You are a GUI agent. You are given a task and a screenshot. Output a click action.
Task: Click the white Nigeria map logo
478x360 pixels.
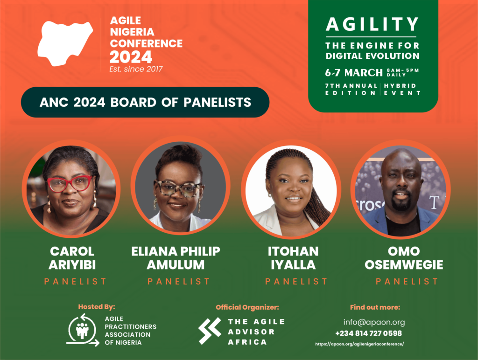tap(65, 44)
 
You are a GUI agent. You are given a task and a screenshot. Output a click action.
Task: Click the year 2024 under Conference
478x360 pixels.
tap(131, 57)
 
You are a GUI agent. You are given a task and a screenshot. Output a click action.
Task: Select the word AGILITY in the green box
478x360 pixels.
tap(372, 24)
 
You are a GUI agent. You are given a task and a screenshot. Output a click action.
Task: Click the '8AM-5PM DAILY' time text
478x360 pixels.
tap(403, 72)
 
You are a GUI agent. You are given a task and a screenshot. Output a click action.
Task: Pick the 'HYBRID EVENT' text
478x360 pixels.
tap(402, 89)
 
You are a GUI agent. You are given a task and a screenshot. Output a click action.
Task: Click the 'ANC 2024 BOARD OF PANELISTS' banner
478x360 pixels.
tap(145, 102)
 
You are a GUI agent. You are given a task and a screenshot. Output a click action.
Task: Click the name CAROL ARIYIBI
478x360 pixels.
tap(72, 258)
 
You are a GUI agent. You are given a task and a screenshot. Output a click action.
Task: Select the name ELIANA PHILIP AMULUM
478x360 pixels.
tap(176, 258)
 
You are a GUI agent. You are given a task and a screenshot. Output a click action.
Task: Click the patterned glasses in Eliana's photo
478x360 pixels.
tap(178, 189)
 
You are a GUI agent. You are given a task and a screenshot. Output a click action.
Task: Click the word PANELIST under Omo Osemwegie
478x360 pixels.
tap(407, 281)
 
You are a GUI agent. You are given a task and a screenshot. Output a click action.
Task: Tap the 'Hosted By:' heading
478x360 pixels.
tap(97, 307)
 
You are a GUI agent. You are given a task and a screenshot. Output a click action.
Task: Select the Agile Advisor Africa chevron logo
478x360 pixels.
tap(210, 331)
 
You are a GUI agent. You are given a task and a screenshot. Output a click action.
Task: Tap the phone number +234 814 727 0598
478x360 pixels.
tap(368, 333)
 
